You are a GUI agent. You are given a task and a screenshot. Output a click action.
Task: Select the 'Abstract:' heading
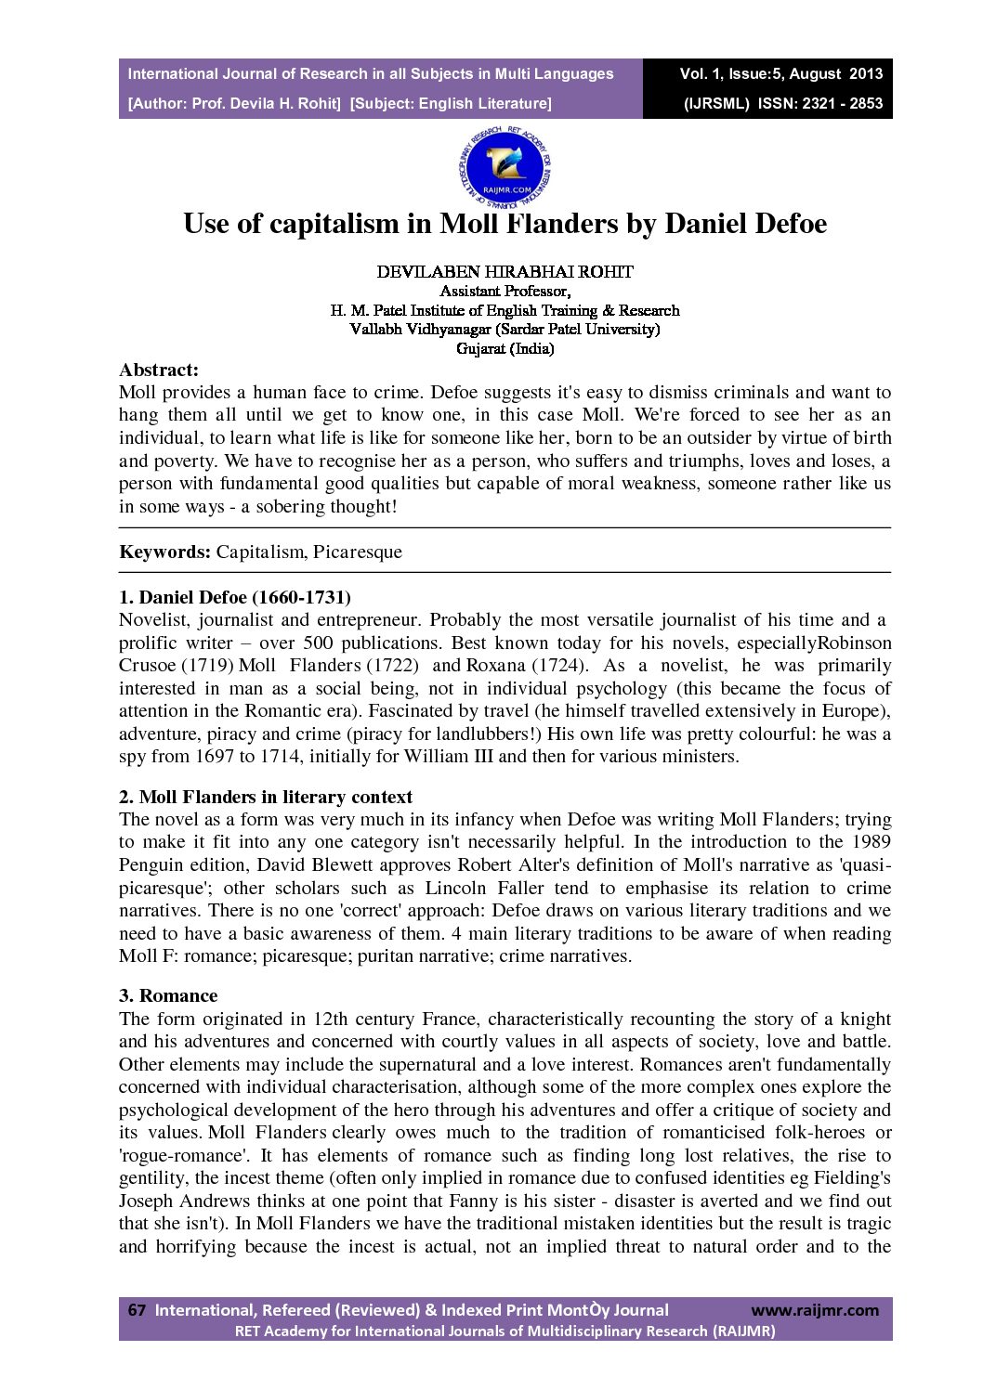click(x=159, y=370)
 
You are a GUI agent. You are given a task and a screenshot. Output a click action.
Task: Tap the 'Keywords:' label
click(x=165, y=552)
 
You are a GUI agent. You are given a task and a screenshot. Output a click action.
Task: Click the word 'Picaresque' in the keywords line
click(x=358, y=552)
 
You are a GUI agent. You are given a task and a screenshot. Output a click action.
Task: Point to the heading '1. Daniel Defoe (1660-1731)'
click(x=235, y=597)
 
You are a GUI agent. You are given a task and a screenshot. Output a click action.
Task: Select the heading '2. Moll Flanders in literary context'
click(x=266, y=797)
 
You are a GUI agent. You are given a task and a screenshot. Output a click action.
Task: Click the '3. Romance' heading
click(x=168, y=996)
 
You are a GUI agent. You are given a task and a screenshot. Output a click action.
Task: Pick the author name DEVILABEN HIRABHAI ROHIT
click(x=505, y=272)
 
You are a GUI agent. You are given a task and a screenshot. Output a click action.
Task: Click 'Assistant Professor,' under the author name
click(x=505, y=292)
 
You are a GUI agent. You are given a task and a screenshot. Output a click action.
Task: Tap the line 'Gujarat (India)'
click(x=505, y=349)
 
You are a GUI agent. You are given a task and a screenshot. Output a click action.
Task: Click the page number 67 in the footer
click(x=137, y=1310)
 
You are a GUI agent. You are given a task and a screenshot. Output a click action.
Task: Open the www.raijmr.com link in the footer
click(x=814, y=1310)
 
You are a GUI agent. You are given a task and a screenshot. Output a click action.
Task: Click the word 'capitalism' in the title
click(x=350, y=224)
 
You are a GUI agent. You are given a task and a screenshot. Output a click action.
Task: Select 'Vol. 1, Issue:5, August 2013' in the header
click(x=780, y=74)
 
